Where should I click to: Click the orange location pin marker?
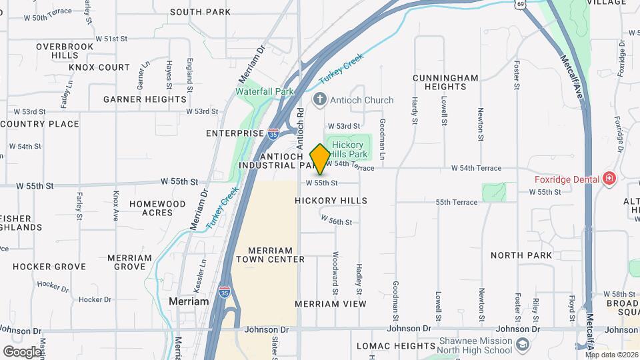[x=320, y=159]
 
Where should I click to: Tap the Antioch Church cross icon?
[x=320, y=100]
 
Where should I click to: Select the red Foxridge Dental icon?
[x=608, y=178]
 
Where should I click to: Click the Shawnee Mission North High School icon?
[x=523, y=345]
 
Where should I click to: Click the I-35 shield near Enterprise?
[x=273, y=133]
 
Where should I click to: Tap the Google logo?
[x=22, y=351]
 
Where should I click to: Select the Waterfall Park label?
[x=265, y=91]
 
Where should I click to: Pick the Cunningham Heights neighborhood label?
[x=445, y=82]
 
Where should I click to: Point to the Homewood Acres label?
[x=157, y=208]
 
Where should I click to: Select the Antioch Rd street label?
[x=300, y=121]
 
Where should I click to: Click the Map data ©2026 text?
[x=611, y=354]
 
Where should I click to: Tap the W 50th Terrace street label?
[x=44, y=17]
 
